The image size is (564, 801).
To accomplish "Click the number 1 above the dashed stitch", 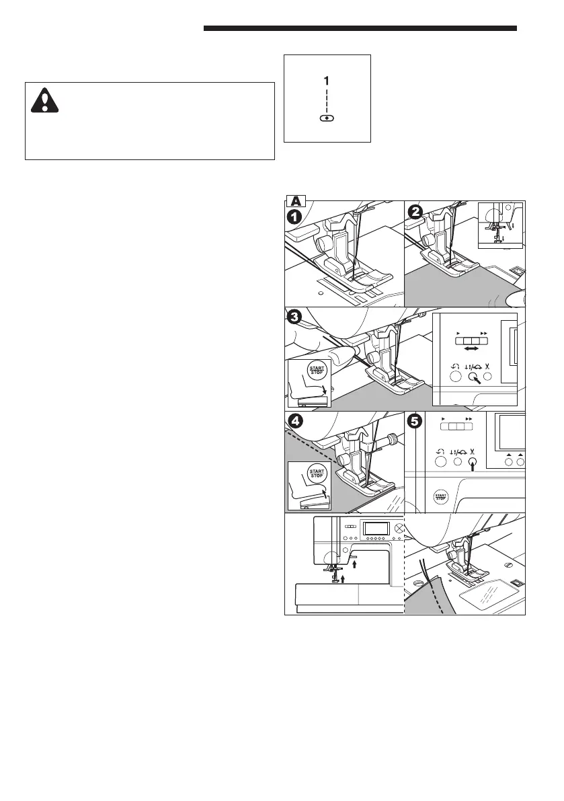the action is click(x=327, y=80).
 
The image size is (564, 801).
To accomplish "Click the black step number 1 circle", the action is click(x=294, y=217).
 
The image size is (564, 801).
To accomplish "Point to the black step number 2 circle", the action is click(x=415, y=212).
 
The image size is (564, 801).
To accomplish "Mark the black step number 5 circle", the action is click(x=415, y=422).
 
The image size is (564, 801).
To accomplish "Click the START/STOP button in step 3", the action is click(x=316, y=372).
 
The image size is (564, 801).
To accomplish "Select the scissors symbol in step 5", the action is click(x=473, y=451).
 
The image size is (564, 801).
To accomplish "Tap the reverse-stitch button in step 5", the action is click(x=440, y=462).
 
